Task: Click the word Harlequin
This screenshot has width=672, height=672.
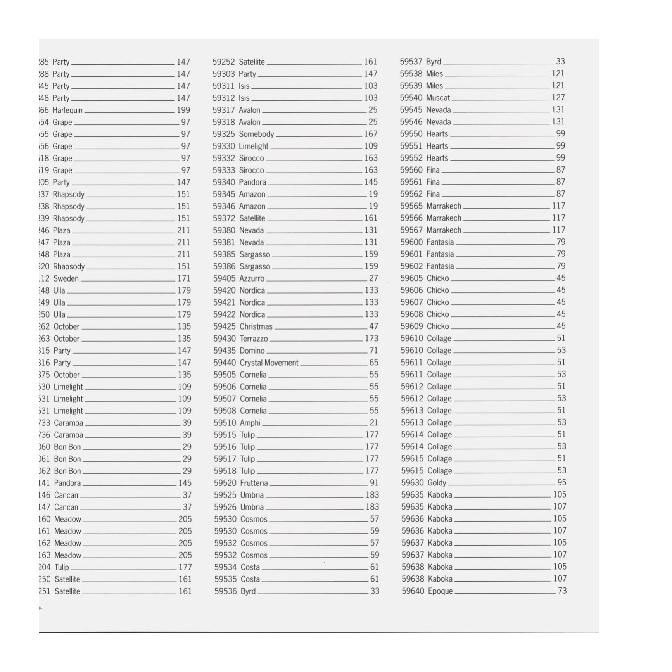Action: coord(67,111)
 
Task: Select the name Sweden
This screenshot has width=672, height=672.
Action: coord(66,279)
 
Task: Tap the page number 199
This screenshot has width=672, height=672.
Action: coord(183,110)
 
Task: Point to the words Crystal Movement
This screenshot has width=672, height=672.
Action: coord(269,363)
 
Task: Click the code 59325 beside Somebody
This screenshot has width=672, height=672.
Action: coord(224,134)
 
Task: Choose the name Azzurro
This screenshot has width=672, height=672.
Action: coord(252,279)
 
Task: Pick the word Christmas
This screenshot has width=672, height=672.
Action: coord(256,327)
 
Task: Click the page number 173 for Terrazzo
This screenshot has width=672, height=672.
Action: coord(371,339)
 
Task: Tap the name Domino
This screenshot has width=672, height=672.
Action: coord(252,351)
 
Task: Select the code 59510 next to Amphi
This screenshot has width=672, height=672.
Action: coord(225,423)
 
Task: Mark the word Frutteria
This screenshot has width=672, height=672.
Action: coord(254,483)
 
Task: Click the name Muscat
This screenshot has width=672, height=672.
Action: coord(438,98)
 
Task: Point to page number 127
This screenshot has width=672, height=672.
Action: coord(558,98)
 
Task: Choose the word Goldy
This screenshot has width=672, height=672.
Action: coord(437,483)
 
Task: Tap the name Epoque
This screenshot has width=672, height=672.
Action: coord(440,591)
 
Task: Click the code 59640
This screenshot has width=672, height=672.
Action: coord(413,591)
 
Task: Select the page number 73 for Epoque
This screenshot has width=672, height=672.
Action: coord(562,591)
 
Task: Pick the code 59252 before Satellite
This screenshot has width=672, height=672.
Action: coord(224,62)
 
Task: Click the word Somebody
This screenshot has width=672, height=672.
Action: coord(256,134)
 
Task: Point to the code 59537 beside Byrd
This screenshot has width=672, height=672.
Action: coord(411,62)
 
